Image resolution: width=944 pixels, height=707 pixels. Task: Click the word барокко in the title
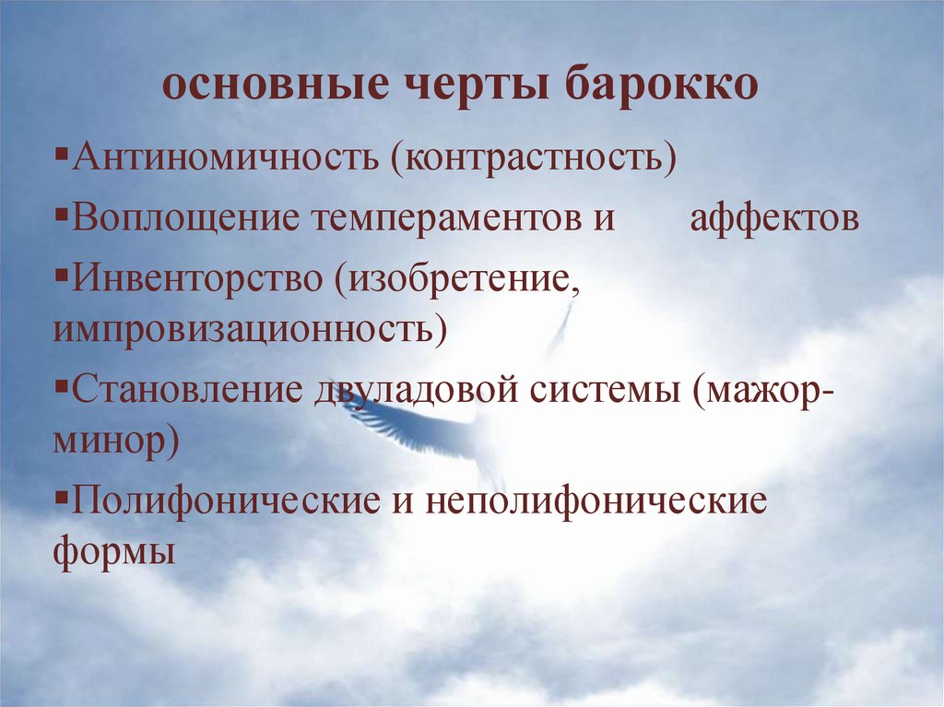[660, 84]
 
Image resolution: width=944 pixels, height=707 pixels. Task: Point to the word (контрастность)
[534, 159]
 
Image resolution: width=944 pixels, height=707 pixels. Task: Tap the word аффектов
[774, 218]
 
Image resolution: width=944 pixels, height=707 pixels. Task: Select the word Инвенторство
[197, 278]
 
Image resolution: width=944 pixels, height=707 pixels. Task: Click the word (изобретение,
[458, 278]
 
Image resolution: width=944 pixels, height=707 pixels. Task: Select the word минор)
[116, 441]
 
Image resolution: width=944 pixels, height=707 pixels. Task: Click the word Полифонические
[227, 501]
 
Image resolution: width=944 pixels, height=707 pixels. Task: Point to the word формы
[113, 551]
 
